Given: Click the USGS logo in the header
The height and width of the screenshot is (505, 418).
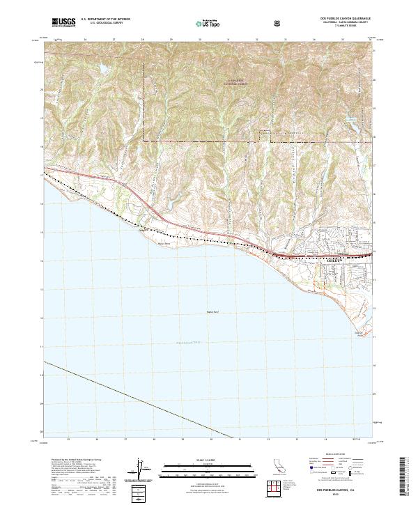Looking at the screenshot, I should pos(64,23).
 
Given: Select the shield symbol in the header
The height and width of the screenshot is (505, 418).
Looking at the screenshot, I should pos(279,23).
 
